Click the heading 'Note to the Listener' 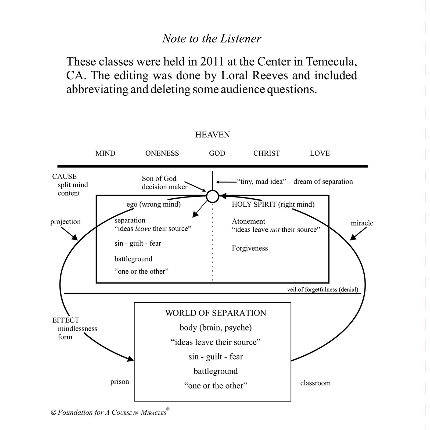tap(212, 38)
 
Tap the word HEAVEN tap(212, 135)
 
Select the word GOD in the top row tap(217, 153)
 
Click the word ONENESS tap(162, 153)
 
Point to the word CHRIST tap(266, 153)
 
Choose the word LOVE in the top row tap(320, 153)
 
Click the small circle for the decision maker tap(213, 196)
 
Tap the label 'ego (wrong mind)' tap(153, 204)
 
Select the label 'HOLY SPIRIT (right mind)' tap(273, 204)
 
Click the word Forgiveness tap(250, 248)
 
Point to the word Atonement tap(248, 221)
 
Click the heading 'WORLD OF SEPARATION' tap(216, 313)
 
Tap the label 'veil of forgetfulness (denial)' tap(322, 289)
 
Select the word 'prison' tap(120, 382)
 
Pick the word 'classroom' tap(315, 383)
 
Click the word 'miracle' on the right tap(362, 223)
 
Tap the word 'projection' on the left tap(65, 222)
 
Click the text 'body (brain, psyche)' tap(216, 328)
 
